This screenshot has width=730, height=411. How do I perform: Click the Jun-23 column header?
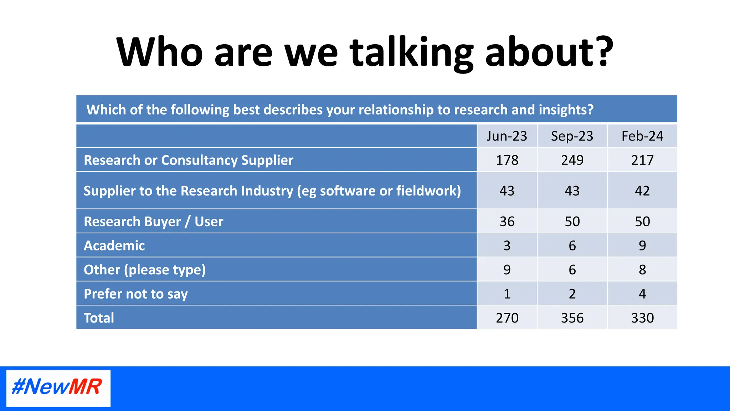click(x=507, y=136)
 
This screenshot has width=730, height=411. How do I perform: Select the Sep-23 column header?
click(x=572, y=136)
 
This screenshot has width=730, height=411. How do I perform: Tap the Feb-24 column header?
click(x=642, y=136)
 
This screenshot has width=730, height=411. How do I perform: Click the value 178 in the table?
click(x=507, y=160)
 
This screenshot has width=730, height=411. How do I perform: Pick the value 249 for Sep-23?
click(x=572, y=160)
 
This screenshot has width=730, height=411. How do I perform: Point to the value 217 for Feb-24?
click(x=642, y=160)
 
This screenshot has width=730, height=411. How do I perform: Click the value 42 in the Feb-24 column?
click(x=642, y=191)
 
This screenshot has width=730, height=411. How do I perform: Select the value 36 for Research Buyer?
click(x=507, y=221)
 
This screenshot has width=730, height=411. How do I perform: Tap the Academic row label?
click(x=114, y=245)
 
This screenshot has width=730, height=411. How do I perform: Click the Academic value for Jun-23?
click(x=507, y=245)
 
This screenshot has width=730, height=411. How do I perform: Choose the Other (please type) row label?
click(x=145, y=270)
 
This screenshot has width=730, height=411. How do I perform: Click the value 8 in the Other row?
click(x=642, y=270)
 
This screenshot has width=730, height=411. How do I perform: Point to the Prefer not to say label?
click(x=135, y=294)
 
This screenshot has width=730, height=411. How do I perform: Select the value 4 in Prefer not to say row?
click(x=642, y=294)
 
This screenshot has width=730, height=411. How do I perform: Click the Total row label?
click(x=99, y=318)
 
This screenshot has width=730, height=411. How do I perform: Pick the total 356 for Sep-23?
click(x=572, y=318)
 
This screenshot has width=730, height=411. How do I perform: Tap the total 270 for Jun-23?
click(x=507, y=318)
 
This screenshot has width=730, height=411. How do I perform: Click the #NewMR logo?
click(x=58, y=388)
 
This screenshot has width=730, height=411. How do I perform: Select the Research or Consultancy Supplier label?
click(x=188, y=160)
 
